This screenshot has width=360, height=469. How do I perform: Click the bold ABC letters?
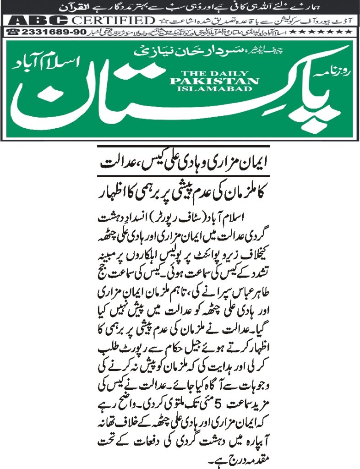click(x=39, y=21)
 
